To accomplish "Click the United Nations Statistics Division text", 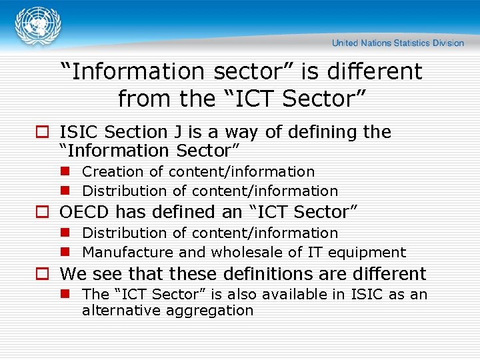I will (398, 43).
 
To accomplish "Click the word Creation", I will (109, 172).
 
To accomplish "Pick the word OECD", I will (85, 212).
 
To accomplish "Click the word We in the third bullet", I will (72, 274).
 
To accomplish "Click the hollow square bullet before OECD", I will (42, 213).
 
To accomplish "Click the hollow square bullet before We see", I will (42, 274).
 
